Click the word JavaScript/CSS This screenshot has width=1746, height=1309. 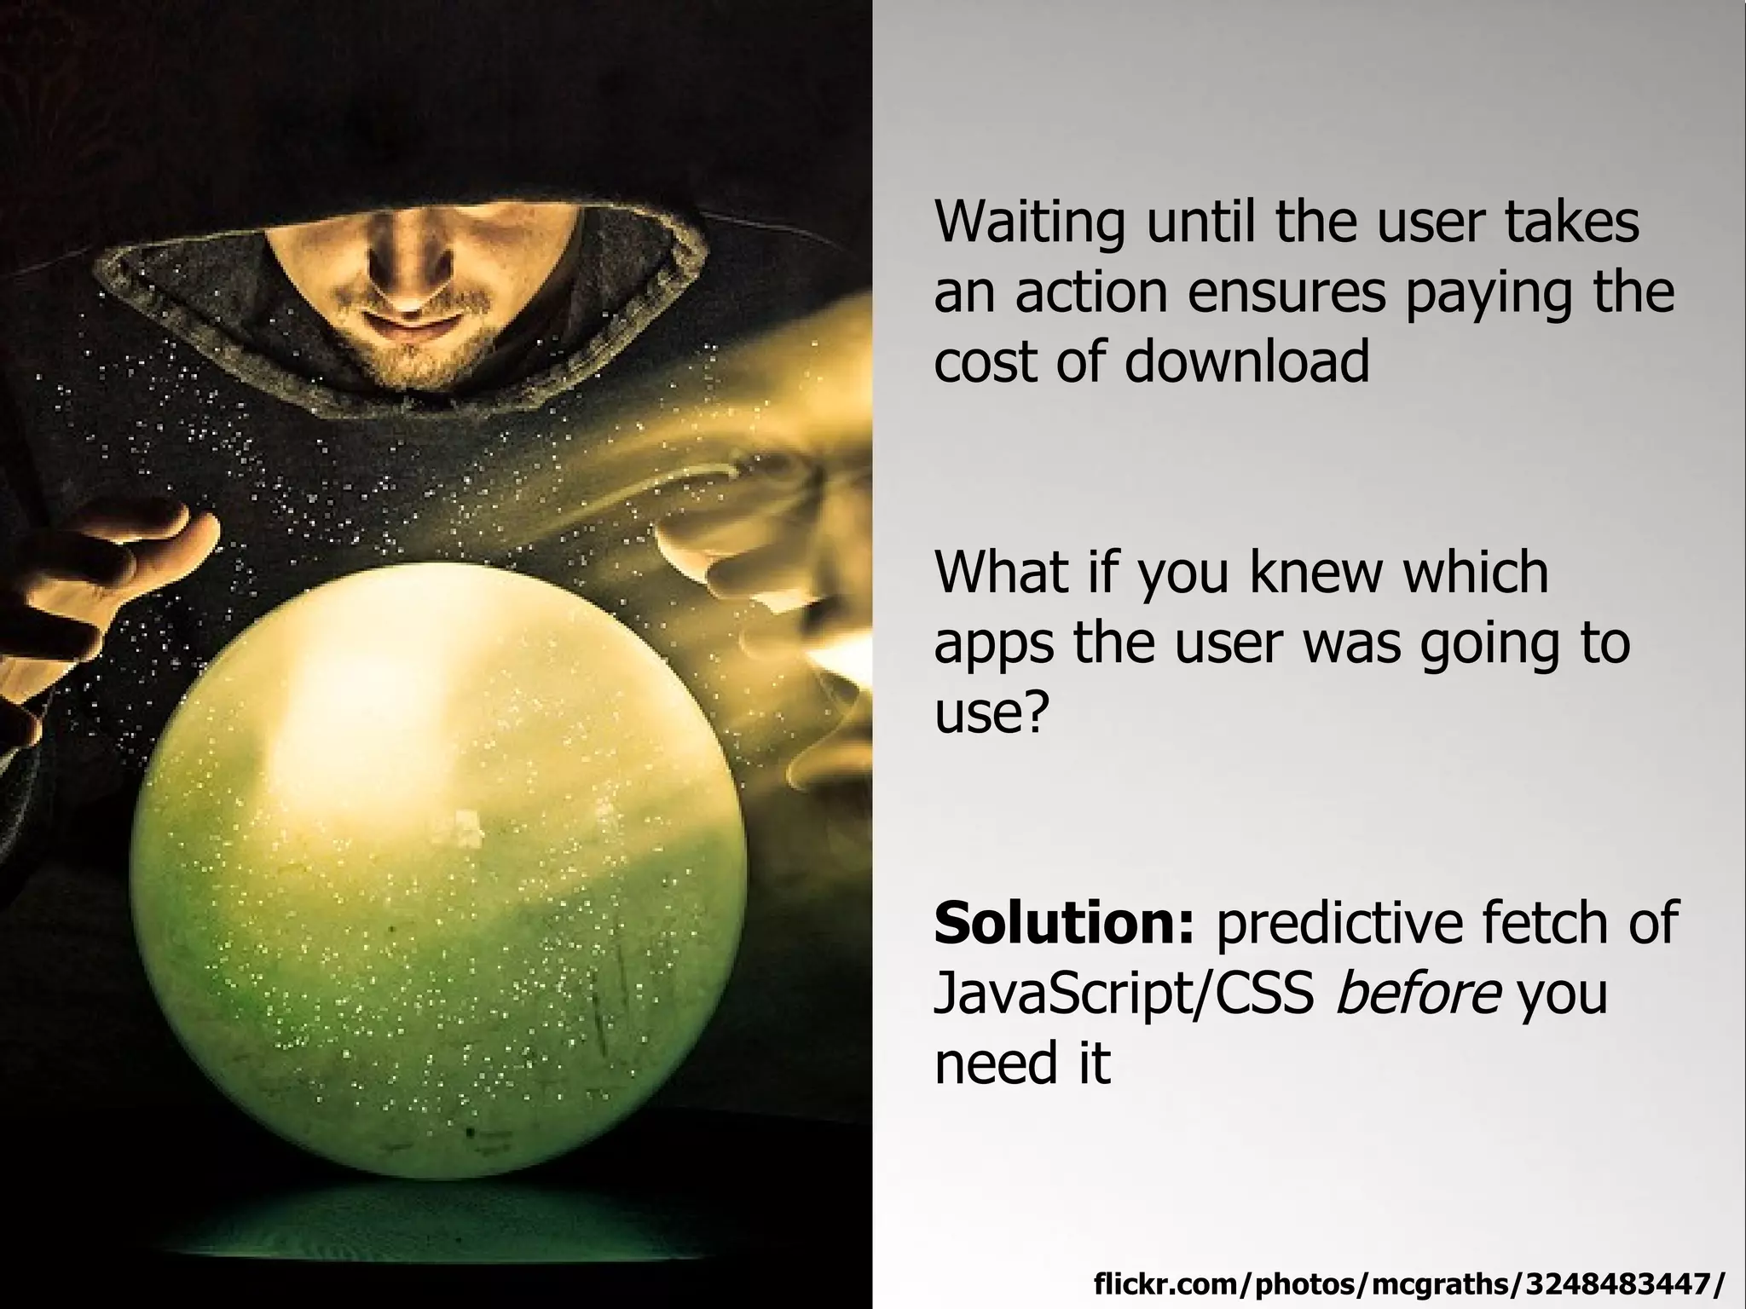click(1124, 995)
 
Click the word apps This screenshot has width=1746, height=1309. click(994, 645)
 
